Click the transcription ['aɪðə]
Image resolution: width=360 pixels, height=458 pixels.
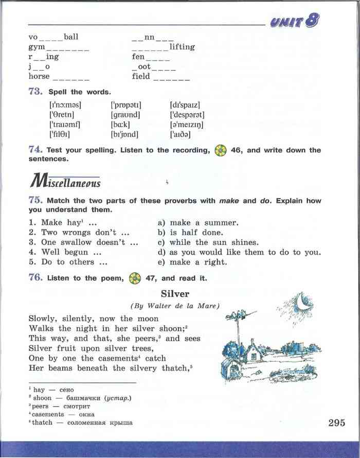pyautogui.click(x=181, y=135)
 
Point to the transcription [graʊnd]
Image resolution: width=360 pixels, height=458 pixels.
pyautogui.click(x=125, y=115)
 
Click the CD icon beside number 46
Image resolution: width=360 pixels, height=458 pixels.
pyautogui.click(x=221, y=150)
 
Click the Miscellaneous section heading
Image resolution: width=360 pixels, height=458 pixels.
pyautogui.click(x=65, y=182)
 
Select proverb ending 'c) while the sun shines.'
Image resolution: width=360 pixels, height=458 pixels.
pyautogui.click(x=208, y=242)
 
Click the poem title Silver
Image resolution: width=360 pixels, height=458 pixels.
pyautogui.click(x=175, y=294)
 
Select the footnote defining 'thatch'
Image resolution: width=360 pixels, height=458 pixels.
pyautogui.click(x=81, y=423)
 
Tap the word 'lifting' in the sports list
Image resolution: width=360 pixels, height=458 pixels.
pyautogui.click(x=182, y=47)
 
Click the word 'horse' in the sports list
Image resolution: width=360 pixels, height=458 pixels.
pyautogui.click(x=39, y=76)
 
